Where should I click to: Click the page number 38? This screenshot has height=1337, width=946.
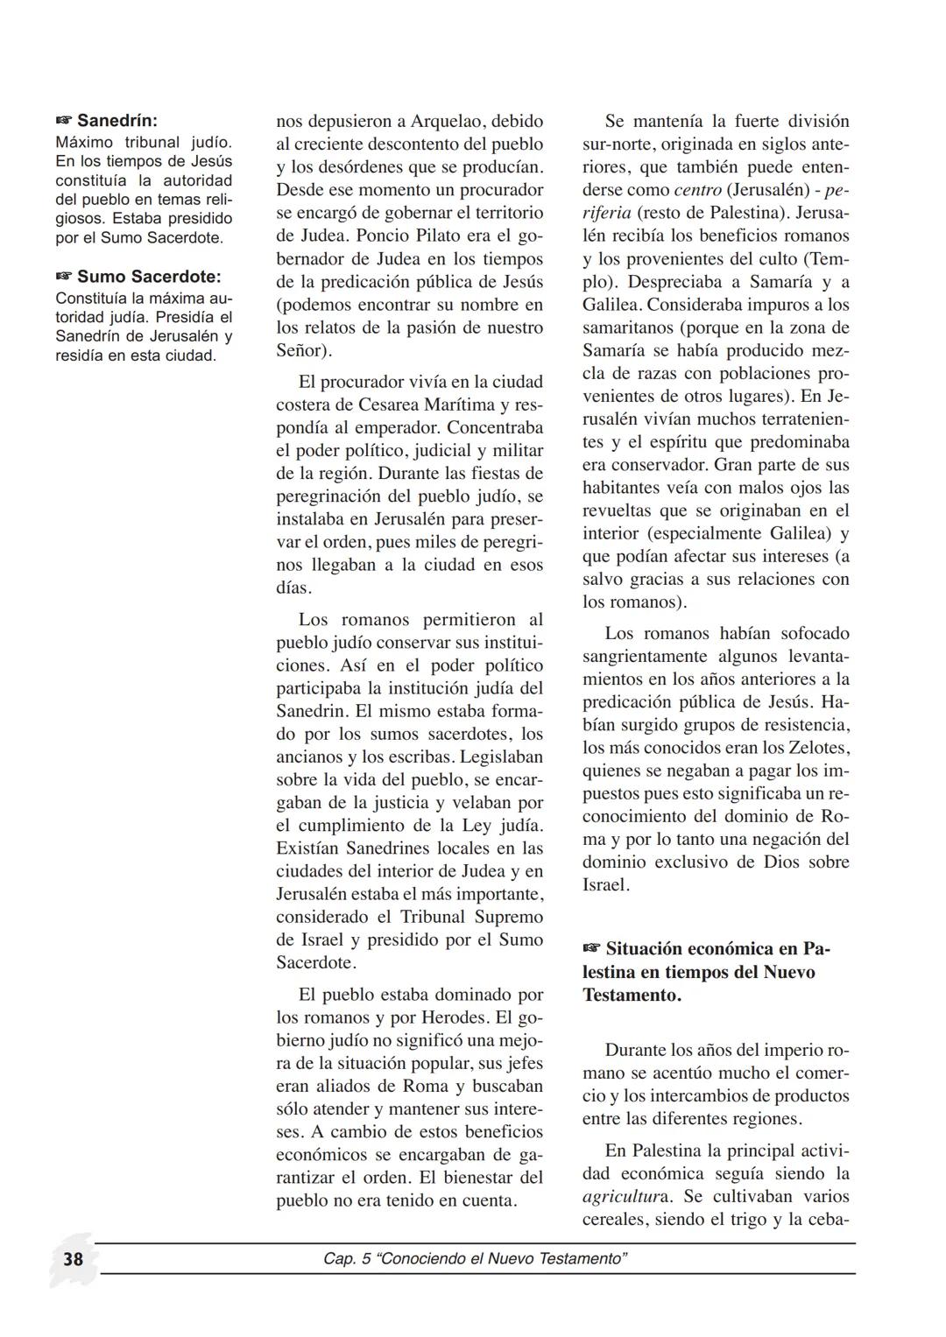pyautogui.click(x=73, y=1259)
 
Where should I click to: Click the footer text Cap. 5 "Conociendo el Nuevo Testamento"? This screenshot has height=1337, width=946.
pyautogui.click(x=476, y=1259)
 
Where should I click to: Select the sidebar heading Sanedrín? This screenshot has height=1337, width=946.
pyautogui.click(x=117, y=120)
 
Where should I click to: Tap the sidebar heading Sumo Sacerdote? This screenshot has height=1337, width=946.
pyautogui.click(x=149, y=277)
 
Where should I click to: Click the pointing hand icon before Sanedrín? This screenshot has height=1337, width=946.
pyautogui.click(x=65, y=120)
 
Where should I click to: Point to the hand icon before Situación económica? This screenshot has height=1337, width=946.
pyautogui.click(x=592, y=949)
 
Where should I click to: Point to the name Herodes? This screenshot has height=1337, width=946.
pyautogui.click(x=455, y=1017)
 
